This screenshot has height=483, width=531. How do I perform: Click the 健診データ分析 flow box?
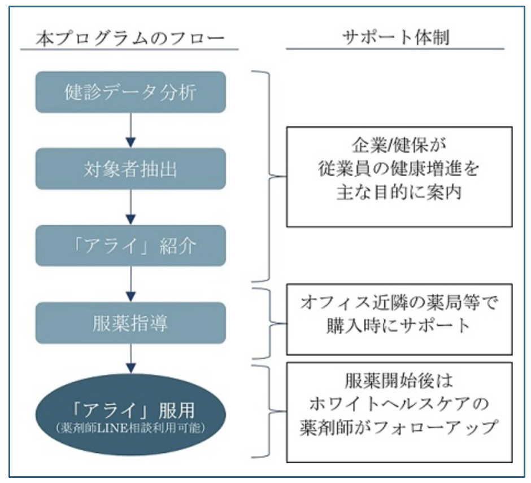click(x=130, y=92)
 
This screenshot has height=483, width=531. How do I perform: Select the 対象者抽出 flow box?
click(x=130, y=169)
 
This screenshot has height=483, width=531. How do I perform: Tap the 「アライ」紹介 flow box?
click(x=130, y=245)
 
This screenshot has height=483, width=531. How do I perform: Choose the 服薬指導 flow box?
click(x=130, y=323)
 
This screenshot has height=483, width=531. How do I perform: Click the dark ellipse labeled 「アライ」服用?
click(x=130, y=414)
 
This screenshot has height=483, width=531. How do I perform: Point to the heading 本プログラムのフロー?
click(x=130, y=38)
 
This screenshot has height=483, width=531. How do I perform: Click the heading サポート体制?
click(x=396, y=37)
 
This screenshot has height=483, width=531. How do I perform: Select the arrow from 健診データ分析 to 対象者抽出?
click(x=130, y=130)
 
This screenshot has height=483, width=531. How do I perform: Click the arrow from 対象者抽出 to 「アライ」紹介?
click(x=130, y=207)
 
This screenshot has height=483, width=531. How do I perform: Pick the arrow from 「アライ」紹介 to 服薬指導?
click(x=130, y=284)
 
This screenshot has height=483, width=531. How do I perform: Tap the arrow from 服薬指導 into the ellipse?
click(x=130, y=358)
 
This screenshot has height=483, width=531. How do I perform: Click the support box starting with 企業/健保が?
click(x=399, y=177)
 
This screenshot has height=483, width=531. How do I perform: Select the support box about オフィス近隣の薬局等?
click(x=399, y=319)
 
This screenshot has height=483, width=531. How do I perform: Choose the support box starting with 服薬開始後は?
click(x=399, y=412)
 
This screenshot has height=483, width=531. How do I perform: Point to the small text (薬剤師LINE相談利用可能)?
click(x=130, y=428)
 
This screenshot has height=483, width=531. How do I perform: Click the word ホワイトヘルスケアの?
click(x=399, y=404)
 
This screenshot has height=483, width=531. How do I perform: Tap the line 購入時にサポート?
click(x=399, y=326)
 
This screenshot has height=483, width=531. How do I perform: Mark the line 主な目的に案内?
click(x=399, y=192)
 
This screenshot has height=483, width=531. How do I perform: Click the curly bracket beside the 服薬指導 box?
click(x=270, y=323)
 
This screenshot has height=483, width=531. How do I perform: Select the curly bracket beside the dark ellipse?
click(x=270, y=411)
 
